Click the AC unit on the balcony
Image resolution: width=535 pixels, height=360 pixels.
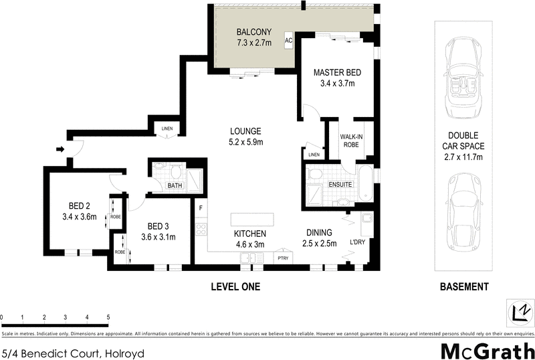(289, 40)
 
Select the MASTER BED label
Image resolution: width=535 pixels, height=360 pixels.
(337, 72)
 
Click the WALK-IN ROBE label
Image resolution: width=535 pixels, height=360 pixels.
(351, 140)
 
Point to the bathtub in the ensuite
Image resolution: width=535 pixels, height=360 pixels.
(365, 185)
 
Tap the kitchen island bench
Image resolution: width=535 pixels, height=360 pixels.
(253, 220)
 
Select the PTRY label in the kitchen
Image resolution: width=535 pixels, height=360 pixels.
(283, 257)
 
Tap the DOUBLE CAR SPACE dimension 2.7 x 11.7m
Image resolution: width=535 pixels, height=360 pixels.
(463, 157)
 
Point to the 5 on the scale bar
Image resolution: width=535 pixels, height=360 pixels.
(108, 317)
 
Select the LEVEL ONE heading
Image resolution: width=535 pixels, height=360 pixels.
(235, 287)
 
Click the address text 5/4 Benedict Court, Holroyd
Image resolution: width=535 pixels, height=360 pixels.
(73, 352)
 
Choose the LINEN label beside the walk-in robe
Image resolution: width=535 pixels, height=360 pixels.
(314, 155)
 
